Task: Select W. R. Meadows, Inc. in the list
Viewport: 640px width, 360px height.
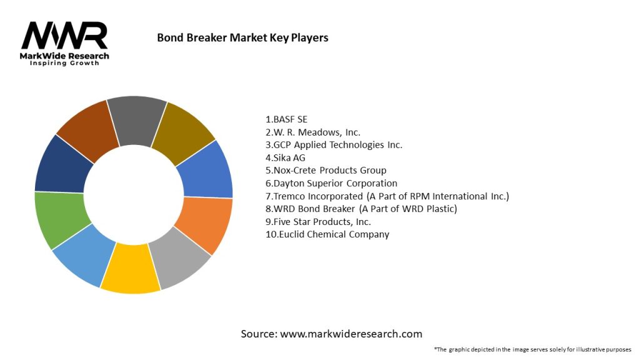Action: (312, 132)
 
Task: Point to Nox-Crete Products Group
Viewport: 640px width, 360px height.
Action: (326, 170)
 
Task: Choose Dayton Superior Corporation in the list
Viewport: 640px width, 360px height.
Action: (331, 183)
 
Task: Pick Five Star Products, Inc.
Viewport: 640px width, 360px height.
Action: (318, 222)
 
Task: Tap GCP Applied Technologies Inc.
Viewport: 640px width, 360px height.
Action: (334, 144)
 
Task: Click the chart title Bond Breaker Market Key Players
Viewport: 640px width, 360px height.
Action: (242, 37)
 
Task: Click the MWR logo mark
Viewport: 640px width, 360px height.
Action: (65, 36)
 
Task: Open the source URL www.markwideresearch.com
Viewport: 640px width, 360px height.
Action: (351, 334)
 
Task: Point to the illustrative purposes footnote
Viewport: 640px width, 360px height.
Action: (532, 349)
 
